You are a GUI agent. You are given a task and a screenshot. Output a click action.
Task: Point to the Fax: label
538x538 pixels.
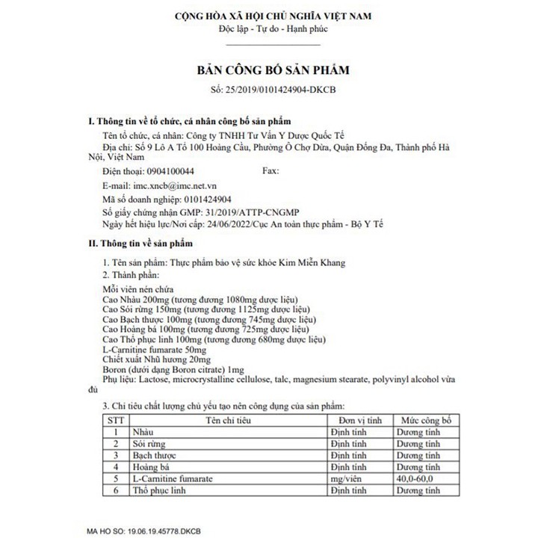[272, 171]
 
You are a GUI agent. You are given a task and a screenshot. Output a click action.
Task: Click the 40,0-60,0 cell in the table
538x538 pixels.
[418, 479]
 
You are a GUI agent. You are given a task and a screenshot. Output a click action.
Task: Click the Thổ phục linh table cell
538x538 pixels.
[158, 491]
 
